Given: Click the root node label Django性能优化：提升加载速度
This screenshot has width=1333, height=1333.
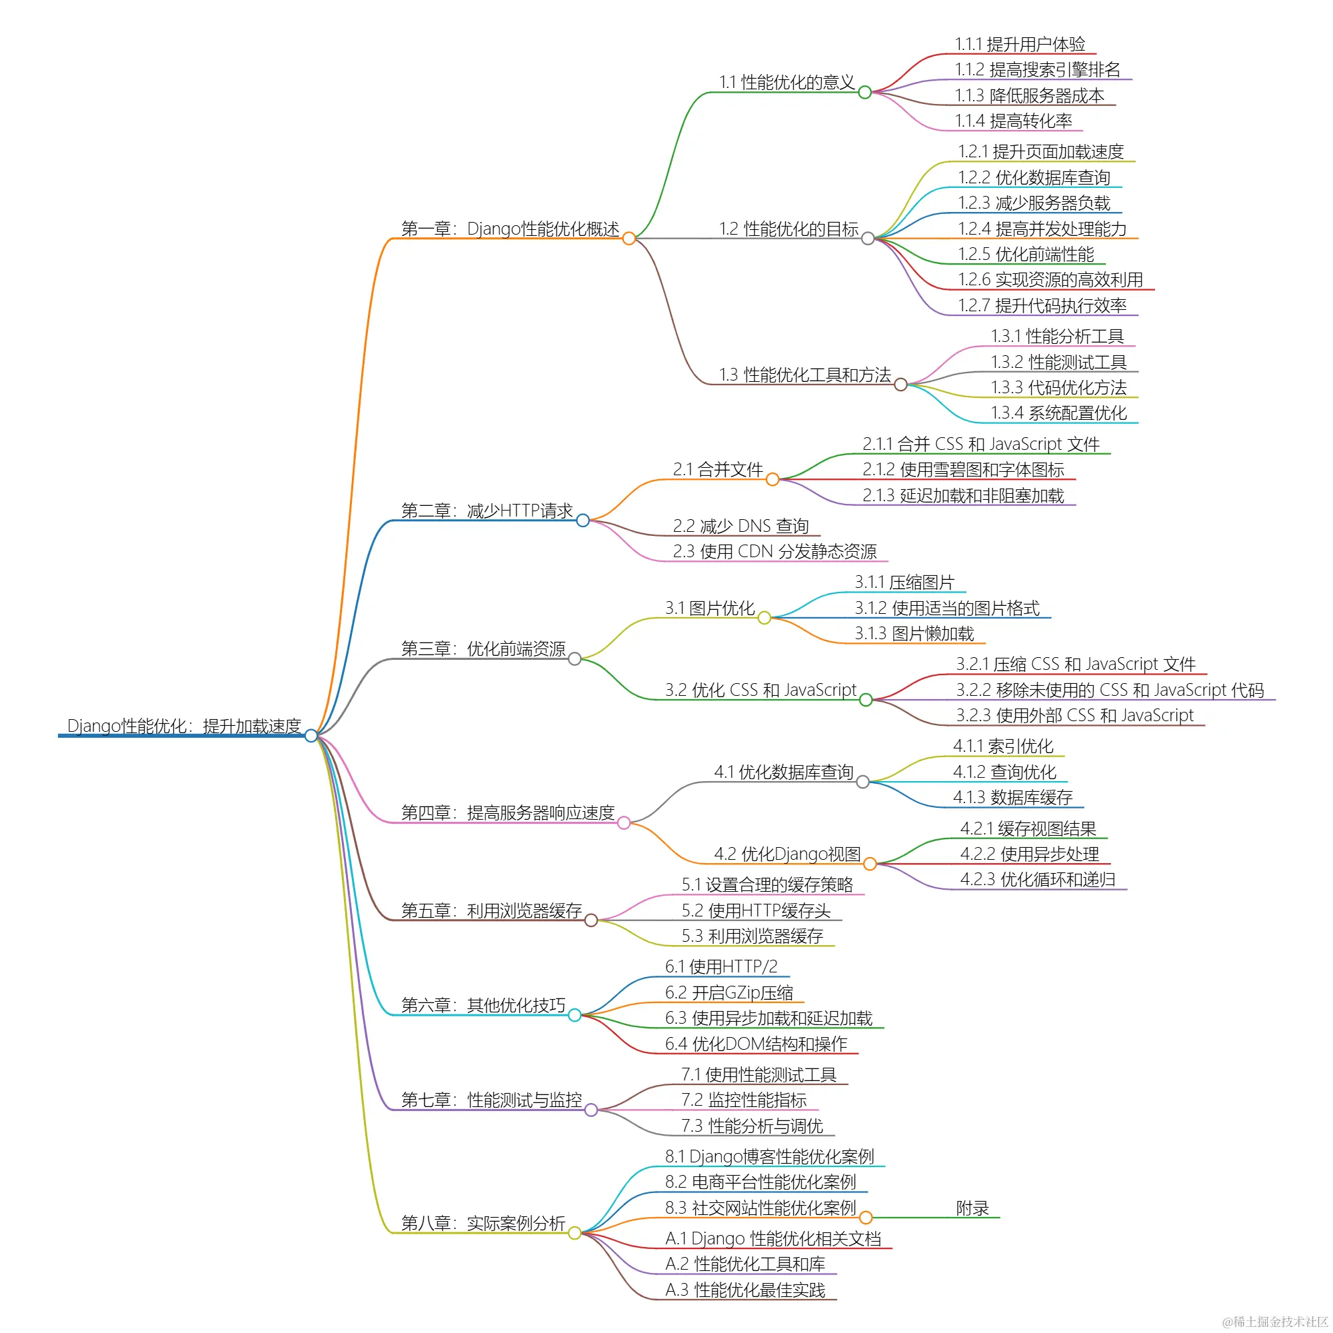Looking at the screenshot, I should (x=184, y=726).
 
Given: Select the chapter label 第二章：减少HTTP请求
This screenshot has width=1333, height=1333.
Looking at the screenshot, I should (x=487, y=511).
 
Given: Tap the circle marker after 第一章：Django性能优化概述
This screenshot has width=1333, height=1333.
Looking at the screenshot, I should (x=629, y=239).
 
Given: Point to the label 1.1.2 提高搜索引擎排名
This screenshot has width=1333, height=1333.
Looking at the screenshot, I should (x=1037, y=70).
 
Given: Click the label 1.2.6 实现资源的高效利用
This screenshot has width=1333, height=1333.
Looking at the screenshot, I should (x=1050, y=279).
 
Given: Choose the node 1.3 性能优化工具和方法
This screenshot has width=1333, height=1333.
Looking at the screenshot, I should (x=804, y=375).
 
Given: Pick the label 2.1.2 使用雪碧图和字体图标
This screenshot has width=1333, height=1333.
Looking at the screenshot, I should (x=962, y=470).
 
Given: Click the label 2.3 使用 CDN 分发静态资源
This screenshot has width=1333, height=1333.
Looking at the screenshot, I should (x=774, y=551).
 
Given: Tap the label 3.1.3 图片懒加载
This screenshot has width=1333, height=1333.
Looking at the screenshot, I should (x=914, y=633).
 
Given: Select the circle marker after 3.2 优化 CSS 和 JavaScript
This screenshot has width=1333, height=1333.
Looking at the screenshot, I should (x=866, y=700).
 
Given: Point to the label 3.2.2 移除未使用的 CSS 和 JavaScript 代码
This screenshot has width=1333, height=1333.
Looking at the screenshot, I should (x=1110, y=690).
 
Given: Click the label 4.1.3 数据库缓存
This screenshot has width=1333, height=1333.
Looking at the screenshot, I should (x=1012, y=798).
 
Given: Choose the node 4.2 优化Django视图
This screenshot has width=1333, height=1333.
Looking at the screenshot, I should (x=786, y=854).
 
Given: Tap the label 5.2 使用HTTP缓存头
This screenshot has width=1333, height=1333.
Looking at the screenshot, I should (x=756, y=910).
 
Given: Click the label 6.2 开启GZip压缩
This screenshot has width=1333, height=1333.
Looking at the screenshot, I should (x=728, y=993).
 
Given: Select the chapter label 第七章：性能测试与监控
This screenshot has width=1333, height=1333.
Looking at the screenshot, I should (x=491, y=1100).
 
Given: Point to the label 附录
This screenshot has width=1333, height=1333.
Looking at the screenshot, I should (x=972, y=1208).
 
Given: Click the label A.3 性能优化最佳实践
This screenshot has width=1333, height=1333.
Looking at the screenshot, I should (x=744, y=1290).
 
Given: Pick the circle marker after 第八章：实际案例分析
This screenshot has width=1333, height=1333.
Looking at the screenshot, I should (x=575, y=1233).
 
